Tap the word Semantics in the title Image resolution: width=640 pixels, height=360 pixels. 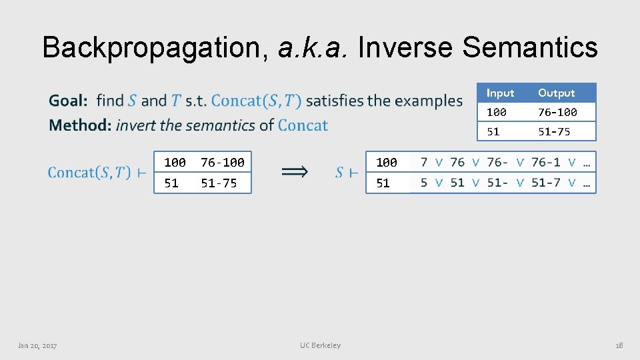pyautogui.click(x=530, y=48)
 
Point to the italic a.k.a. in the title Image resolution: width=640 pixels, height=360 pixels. pyautogui.click(x=311, y=48)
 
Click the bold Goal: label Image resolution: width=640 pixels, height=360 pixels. pyautogui.click(x=69, y=101)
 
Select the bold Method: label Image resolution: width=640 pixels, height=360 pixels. pyautogui.click(x=79, y=125)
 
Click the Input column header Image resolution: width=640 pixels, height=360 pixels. pyautogui.click(x=500, y=93)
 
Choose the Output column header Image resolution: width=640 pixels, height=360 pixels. pyautogui.click(x=556, y=93)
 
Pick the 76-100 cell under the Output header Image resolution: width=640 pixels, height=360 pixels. pyautogui.click(x=557, y=112)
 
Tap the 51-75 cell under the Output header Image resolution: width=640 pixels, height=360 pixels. pyautogui.click(x=554, y=131)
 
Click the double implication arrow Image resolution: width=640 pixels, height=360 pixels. pyautogui.click(x=294, y=172)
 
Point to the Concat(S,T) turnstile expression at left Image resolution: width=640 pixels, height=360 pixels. pyautogui.click(x=97, y=173)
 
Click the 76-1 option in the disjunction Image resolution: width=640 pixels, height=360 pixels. pyautogui.click(x=545, y=162)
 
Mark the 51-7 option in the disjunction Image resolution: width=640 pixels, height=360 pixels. pyautogui.click(x=545, y=183)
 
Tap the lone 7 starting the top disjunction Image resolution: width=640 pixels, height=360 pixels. pyautogui.click(x=424, y=162)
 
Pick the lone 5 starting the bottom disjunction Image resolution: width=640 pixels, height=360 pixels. pyautogui.click(x=424, y=183)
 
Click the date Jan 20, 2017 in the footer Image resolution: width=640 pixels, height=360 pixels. pyautogui.click(x=37, y=345)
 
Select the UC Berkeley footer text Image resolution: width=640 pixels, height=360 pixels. pyautogui.click(x=320, y=345)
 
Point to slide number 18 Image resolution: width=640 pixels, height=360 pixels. pyautogui.click(x=619, y=345)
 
